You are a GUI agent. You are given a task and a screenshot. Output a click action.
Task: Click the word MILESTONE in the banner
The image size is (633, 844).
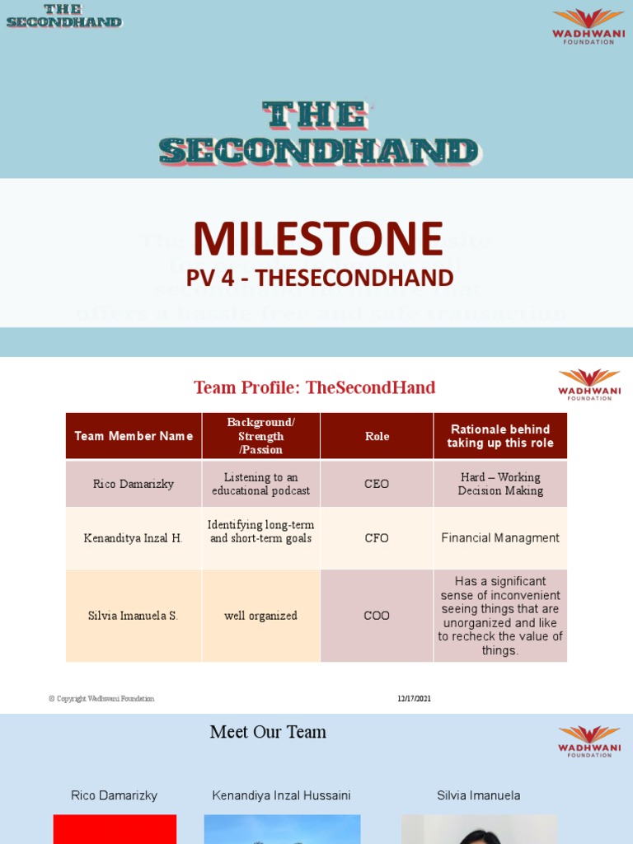pos(318,239)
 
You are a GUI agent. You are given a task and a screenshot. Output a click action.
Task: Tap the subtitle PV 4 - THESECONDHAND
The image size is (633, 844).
pos(320,278)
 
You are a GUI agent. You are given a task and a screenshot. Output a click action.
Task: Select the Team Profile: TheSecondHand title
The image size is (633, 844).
pos(314,387)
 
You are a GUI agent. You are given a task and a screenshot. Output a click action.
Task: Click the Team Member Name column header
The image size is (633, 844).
pos(134,436)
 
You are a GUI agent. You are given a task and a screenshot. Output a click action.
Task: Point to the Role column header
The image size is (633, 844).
pos(377,436)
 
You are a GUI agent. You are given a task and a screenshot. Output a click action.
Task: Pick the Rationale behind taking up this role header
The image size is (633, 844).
pos(499,436)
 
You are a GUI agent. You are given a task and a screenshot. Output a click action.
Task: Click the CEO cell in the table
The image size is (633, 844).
pos(377,484)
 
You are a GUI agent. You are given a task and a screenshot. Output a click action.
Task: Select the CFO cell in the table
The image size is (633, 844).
pos(377,538)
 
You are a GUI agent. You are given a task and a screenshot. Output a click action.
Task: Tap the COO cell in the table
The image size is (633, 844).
pos(377,616)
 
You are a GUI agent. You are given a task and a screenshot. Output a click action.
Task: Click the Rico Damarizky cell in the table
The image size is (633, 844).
pos(134,484)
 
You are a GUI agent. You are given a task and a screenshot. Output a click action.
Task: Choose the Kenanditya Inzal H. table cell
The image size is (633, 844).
pos(134,538)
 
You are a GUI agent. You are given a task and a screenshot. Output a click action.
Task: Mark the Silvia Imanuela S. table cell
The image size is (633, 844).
pos(134,616)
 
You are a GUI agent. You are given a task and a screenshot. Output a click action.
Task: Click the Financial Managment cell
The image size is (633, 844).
pos(499,538)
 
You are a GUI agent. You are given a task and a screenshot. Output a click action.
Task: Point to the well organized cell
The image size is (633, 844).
pos(260,616)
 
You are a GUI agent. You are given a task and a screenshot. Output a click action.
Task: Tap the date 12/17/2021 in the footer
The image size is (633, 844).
pos(414,699)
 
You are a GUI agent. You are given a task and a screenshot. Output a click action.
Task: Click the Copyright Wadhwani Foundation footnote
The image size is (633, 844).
pos(101,699)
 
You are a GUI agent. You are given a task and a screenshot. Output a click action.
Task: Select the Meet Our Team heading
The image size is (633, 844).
pos(268,732)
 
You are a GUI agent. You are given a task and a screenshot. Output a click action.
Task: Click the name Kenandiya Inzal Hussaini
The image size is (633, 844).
pos(281,795)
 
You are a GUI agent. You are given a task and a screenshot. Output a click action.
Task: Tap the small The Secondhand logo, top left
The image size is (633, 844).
pos(63,16)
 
